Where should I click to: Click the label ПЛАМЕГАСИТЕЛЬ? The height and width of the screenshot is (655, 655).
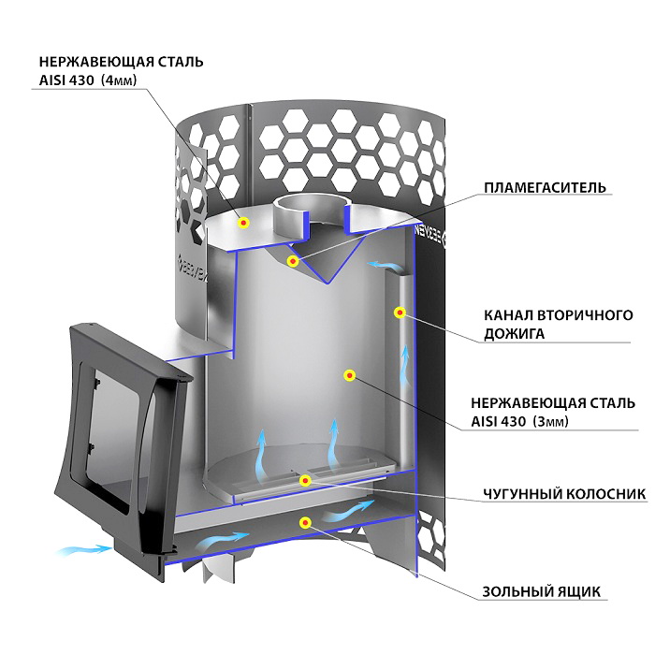(x=546, y=187)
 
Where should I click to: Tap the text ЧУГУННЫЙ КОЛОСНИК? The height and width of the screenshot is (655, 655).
(x=564, y=494)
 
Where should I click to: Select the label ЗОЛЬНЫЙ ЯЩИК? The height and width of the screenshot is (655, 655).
(x=542, y=592)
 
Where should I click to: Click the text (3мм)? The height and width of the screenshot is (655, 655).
(x=550, y=421)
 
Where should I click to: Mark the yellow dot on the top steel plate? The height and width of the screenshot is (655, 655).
(x=243, y=223)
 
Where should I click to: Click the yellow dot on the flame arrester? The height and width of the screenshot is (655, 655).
(x=293, y=261)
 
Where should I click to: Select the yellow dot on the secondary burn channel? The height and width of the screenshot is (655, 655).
(x=400, y=312)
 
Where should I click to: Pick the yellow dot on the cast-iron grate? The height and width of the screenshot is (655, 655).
(x=305, y=480)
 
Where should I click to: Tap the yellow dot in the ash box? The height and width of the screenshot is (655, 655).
(x=306, y=522)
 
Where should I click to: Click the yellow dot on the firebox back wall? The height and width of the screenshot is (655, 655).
(x=349, y=375)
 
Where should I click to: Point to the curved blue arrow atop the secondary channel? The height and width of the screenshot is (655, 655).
(x=384, y=265)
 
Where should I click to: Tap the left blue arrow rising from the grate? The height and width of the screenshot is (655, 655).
(x=262, y=454)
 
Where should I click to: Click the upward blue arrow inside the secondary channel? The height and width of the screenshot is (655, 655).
(x=405, y=366)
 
